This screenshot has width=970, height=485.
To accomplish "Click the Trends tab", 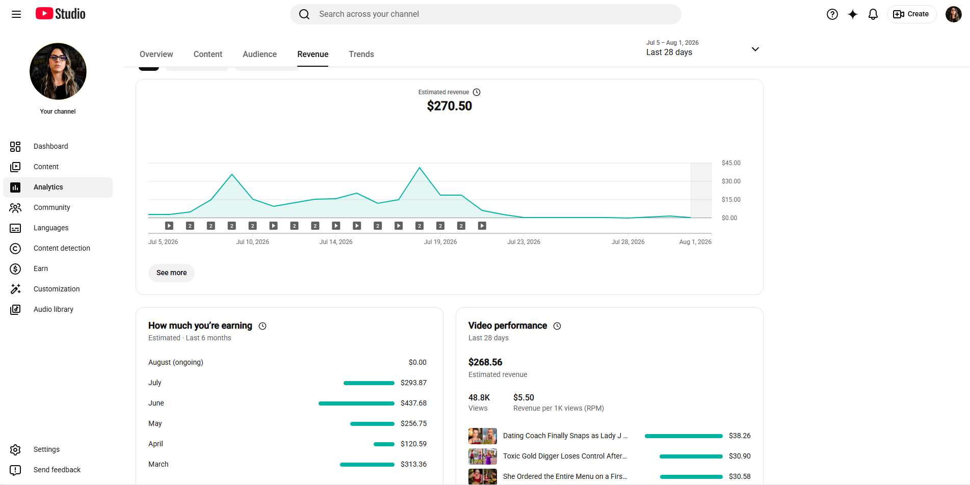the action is pyautogui.click(x=361, y=54).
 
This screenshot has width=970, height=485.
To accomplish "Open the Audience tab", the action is pyautogui.click(x=259, y=54).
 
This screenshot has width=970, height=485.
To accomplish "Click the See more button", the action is pyautogui.click(x=171, y=273).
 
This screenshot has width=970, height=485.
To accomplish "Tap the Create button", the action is pyautogui.click(x=911, y=14).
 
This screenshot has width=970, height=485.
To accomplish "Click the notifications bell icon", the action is pyautogui.click(x=873, y=14).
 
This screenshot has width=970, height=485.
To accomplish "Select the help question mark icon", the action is pyautogui.click(x=832, y=14).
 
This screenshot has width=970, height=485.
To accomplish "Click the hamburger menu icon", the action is pyautogui.click(x=16, y=14).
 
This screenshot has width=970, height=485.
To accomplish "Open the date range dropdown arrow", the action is pyautogui.click(x=755, y=49).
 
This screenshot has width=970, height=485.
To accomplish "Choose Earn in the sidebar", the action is pyautogui.click(x=41, y=268).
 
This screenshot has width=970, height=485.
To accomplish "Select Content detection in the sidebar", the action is pyautogui.click(x=62, y=248).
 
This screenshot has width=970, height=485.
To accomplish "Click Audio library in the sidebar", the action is pyautogui.click(x=54, y=309).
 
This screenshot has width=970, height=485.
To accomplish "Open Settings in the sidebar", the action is pyautogui.click(x=46, y=449).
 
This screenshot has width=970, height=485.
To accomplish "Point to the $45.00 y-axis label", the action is pyautogui.click(x=731, y=163).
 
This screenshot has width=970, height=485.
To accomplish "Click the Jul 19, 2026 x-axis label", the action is pyautogui.click(x=440, y=242).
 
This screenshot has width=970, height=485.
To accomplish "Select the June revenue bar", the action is pyautogui.click(x=356, y=403).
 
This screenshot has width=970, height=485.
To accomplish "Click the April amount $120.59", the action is pyautogui.click(x=413, y=444).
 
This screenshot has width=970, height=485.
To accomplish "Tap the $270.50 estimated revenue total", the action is pyautogui.click(x=450, y=106).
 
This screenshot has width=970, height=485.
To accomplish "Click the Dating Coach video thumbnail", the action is pyautogui.click(x=483, y=436).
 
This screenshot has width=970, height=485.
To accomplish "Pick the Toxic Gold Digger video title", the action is pyautogui.click(x=565, y=456).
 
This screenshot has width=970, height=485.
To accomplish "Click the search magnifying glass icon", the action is pyautogui.click(x=304, y=14).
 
